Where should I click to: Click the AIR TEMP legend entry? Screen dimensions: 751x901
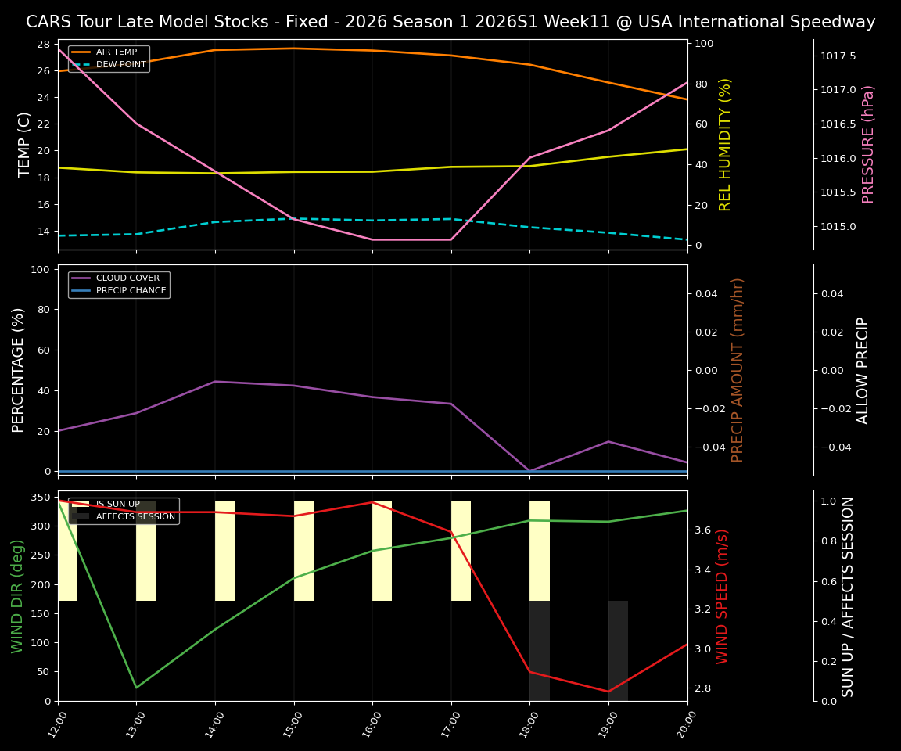(116, 52)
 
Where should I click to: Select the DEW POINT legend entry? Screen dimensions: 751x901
(120, 64)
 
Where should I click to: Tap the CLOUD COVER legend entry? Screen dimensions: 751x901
(127, 278)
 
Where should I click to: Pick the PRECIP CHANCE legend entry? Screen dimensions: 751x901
(131, 291)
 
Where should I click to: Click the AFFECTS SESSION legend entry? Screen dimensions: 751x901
(135, 516)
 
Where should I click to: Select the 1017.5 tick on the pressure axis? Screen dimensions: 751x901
(838, 56)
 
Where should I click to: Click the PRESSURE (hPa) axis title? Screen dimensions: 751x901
(868, 144)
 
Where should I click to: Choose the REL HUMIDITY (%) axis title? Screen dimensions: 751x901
(725, 144)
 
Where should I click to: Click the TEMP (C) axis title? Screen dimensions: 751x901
(24, 144)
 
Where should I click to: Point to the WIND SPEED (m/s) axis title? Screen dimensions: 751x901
(722, 596)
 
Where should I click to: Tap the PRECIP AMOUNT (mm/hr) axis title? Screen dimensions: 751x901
(738, 369)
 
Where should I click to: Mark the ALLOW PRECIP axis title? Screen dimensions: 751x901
(863, 369)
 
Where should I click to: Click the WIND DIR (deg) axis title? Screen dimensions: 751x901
(17, 596)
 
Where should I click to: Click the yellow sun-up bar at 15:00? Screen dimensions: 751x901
(303, 551)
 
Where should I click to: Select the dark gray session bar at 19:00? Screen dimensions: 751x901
(618, 651)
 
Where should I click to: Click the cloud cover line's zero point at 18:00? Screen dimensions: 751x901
(529, 471)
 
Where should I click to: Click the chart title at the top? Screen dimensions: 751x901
(450, 22)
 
